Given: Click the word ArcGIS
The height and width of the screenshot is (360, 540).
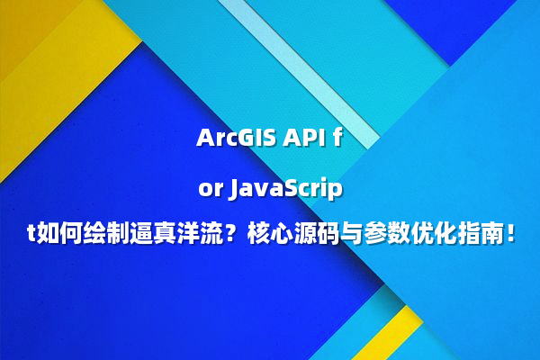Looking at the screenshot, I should point(236,139).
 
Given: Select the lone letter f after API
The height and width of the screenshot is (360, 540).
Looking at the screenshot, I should point(338,139).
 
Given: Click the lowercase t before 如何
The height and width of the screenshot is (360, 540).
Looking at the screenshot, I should point(29,237).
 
